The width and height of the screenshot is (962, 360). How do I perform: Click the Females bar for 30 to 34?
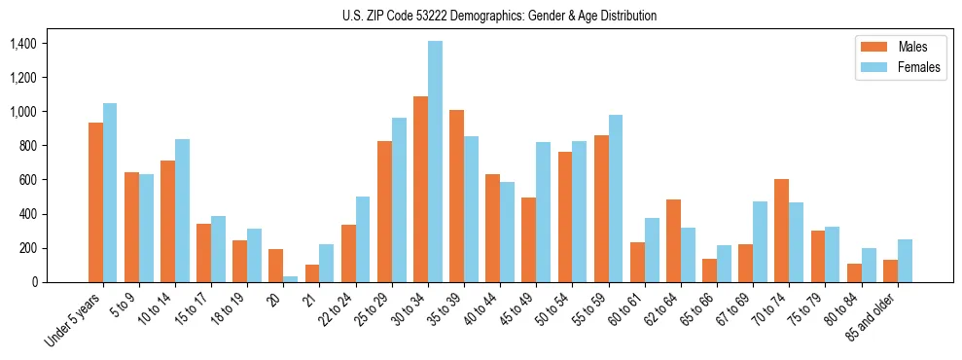click(435, 162)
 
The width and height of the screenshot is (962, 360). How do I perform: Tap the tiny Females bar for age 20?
click(291, 279)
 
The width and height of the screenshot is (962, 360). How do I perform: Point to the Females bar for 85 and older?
click(905, 261)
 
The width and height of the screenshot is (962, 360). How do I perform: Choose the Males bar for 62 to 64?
click(673, 240)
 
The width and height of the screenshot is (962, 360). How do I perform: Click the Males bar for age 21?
click(312, 273)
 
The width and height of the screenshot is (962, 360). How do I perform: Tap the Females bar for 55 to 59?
click(615, 198)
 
